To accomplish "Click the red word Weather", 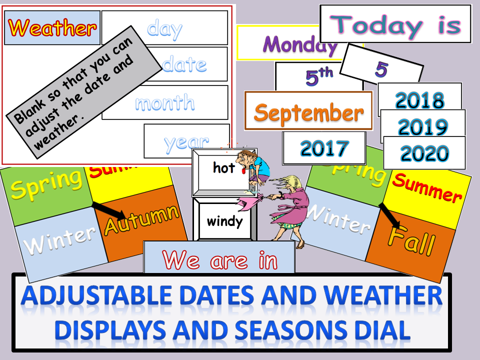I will pyautogui.click(x=52, y=27).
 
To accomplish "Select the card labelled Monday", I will pyautogui.click(x=300, y=44).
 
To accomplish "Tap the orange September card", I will pyautogui.click(x=308, y=112).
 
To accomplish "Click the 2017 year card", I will pyautogui.click(x=324, y=148).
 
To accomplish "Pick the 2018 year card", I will pyautogui.click(x=419, y=100).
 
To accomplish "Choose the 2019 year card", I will pyautogui.click(x=423, y=127).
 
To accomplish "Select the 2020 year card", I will pyautogui.click(x=425, y=153).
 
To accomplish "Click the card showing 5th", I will pyautogui.click(x=318, y=77).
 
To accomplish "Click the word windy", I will pyautogui.click(x=224, y=220).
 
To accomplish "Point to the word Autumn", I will pyautogui.click(x=141, y=219).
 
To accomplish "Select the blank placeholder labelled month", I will pyautogui.click(x=164, y=103).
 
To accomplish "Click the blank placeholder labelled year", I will pyautogui.click(x=186, y=142).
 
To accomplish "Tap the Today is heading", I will pyautogui.click(x=395, y=24).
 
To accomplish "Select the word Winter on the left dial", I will pyautogui.click(x=60, y=239).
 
